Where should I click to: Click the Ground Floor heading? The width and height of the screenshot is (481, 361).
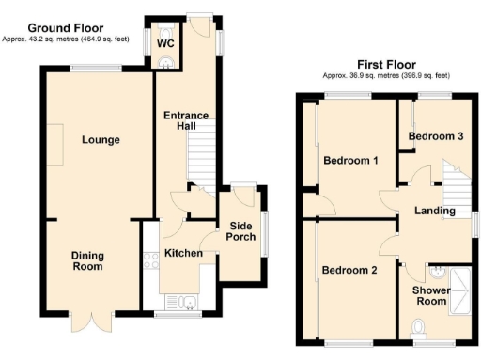66,28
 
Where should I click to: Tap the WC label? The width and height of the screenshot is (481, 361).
165,43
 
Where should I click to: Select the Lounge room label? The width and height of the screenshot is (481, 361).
100,140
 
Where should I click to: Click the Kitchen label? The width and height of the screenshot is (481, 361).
184,254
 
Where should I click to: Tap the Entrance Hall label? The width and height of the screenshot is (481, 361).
186,122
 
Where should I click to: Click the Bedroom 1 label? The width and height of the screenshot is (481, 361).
350,161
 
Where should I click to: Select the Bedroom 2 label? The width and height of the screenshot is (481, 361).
349,271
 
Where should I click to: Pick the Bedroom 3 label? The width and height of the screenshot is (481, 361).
435,137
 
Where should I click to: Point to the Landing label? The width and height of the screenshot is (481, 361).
436,211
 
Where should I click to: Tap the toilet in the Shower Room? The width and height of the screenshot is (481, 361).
419,325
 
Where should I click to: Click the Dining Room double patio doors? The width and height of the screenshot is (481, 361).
97,322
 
